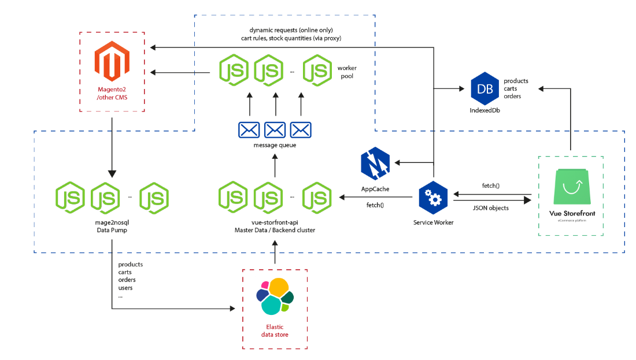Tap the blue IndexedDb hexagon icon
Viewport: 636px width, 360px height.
tap(485, 88)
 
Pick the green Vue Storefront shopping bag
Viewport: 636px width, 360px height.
tap(570, 186)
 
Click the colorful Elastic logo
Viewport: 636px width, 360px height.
tap(275, 296)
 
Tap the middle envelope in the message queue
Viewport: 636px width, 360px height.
tap(275, 130)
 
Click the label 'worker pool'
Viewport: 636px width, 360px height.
tap(347, 72)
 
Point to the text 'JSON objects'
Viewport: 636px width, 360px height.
tap(491, 208)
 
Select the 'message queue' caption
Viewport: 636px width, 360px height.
tap(275, 145)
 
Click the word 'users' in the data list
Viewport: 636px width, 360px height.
tap(125, 288)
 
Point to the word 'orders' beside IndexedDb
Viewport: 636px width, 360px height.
tap(513, 97)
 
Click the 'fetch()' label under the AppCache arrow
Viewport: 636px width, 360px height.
tap(375, 206)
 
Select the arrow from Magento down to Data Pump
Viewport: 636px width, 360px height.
tap(112, 144)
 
